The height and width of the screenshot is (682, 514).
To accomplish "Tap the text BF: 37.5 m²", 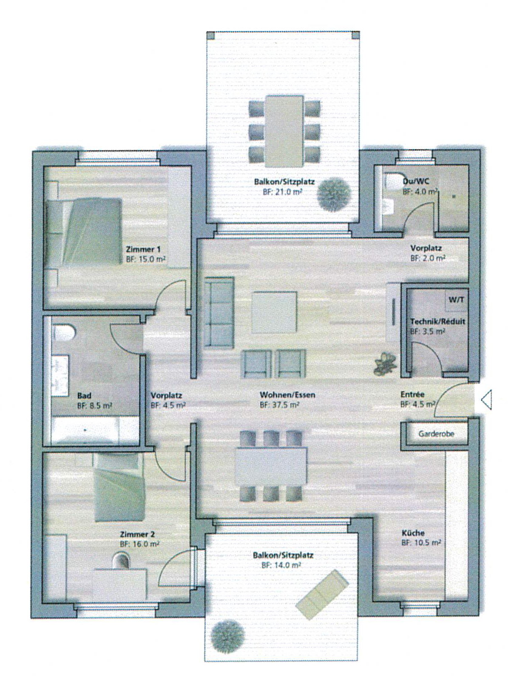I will pos(279,405).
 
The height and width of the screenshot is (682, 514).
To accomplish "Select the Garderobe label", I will pos(436,434).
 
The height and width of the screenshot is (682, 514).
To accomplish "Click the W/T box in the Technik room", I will pos(456,299).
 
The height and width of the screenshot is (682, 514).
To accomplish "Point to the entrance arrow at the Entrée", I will pos(486,400).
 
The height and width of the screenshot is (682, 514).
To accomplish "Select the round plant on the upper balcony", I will pos(335,194).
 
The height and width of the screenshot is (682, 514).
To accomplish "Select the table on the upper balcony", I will pos(284,131).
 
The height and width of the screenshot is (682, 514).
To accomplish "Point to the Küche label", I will pos(413,533).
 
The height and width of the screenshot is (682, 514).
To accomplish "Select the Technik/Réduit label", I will pos(437,321).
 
